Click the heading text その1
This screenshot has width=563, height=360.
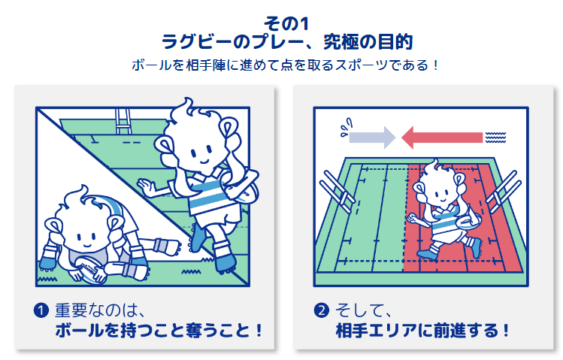286,24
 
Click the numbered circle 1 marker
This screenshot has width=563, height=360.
41,310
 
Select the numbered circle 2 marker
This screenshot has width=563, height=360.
322,310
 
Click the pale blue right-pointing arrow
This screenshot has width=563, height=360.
372,138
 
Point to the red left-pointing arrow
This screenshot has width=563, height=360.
442,138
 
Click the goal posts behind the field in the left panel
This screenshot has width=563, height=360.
123,121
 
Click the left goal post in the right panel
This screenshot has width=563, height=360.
337,191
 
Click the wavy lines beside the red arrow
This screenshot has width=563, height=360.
495,138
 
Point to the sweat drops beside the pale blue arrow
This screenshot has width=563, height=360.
346,128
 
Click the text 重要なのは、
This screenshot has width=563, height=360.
100,310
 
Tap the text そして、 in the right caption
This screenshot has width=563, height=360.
363,310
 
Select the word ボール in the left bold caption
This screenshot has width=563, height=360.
80,331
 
